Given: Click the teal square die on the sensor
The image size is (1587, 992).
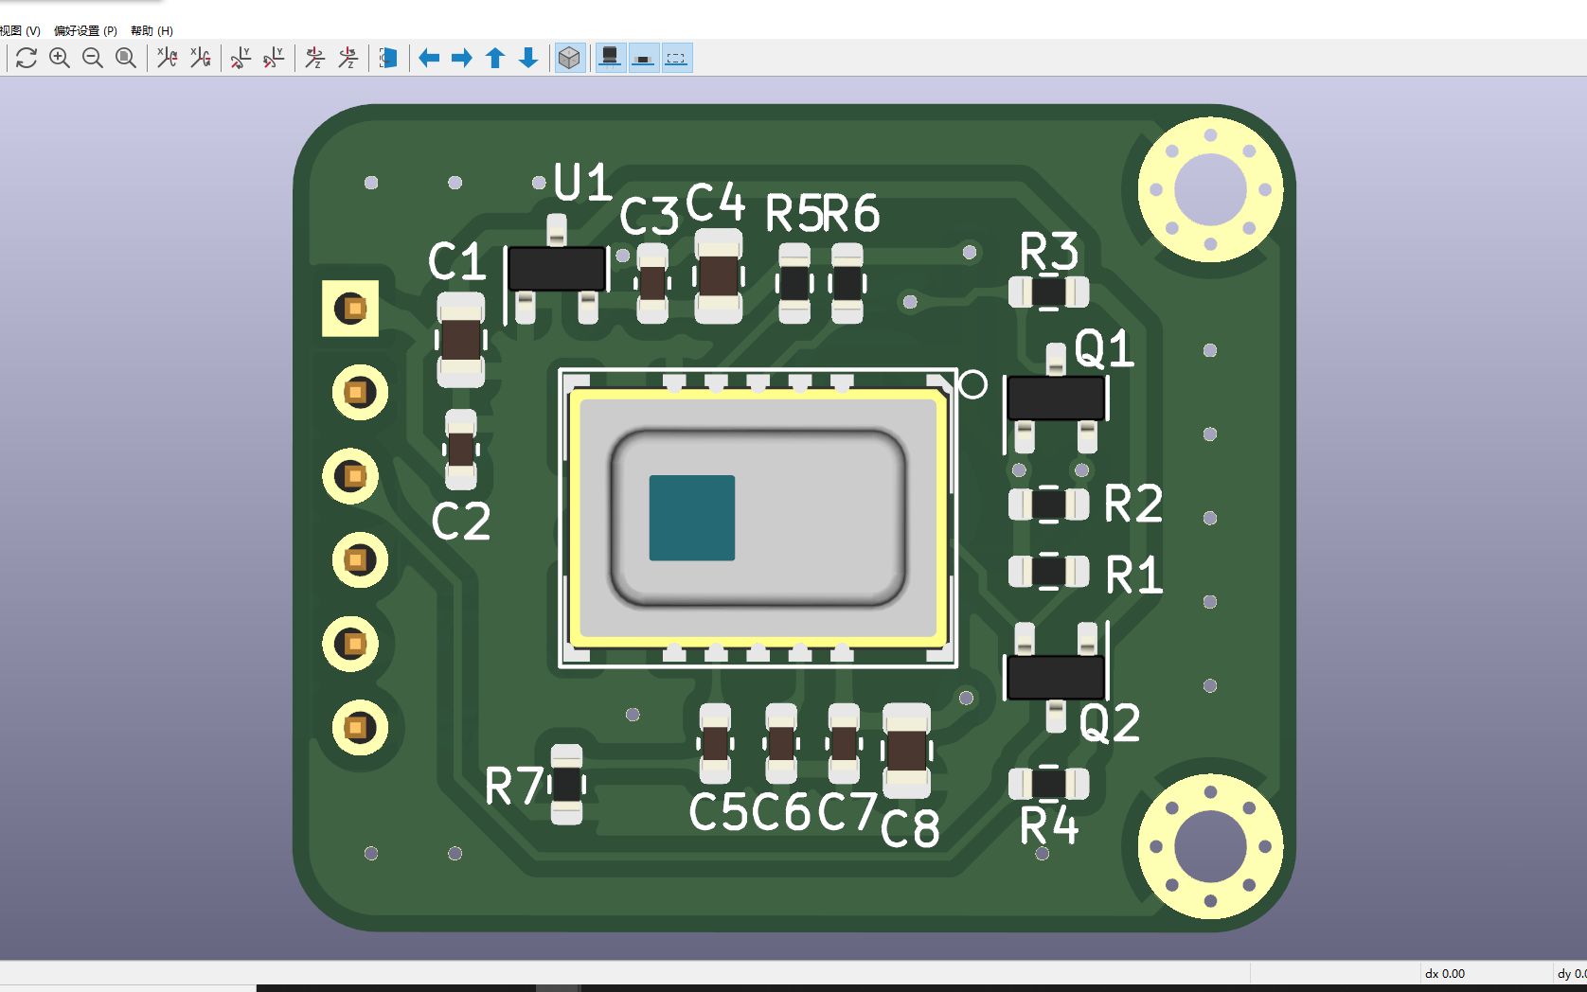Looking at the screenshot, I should tap(691, 518).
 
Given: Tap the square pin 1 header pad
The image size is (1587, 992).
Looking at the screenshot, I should tap(351, 309).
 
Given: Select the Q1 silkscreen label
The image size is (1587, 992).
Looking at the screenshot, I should tap(1104, 349).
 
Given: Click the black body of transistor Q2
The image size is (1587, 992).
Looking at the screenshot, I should tap(1055, 677).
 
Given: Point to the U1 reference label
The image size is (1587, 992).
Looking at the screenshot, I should tap(581, 182).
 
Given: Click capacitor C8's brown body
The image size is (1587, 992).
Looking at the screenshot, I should tap(906, 750).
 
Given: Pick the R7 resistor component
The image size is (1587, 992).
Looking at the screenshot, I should tap(566, 784).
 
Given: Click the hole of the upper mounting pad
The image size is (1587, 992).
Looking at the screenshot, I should tap(1209, 189).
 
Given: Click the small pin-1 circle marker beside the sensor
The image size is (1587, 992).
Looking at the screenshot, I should tap(972, 384).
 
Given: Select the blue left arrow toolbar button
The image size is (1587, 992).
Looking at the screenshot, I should tap(429, 59).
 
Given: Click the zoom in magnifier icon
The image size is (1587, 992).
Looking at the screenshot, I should tap(60, 59).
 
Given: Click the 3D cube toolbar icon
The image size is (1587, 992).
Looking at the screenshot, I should tap(569, 59).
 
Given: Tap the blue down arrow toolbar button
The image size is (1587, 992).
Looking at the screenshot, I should tap(528, 59).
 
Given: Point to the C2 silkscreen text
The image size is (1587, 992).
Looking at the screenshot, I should tap(461, 522).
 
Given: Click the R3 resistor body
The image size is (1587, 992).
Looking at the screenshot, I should tap(1048, 292).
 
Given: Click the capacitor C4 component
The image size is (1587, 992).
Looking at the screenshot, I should tap(718, 276).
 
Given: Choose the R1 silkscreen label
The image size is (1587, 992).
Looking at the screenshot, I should tap(1133, 575).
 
